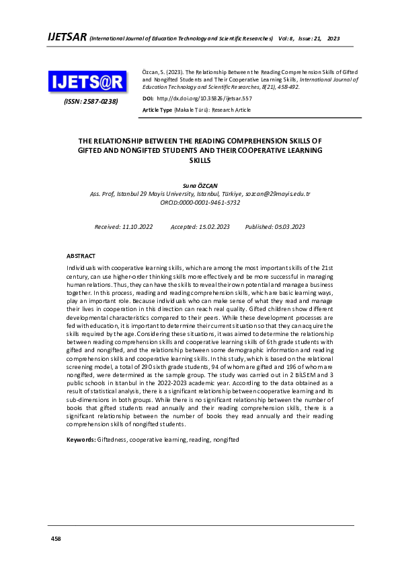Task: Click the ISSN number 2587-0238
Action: click(90, 102)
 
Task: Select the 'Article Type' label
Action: click(157, 109)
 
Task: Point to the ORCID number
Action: click(200, 202)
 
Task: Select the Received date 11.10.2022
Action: click(124, 227)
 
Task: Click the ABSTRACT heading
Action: click(81, 256)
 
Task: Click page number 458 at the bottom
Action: click(57, 539)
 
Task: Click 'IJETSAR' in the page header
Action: click(66, 37)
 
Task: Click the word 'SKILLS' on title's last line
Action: click(200, 161)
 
